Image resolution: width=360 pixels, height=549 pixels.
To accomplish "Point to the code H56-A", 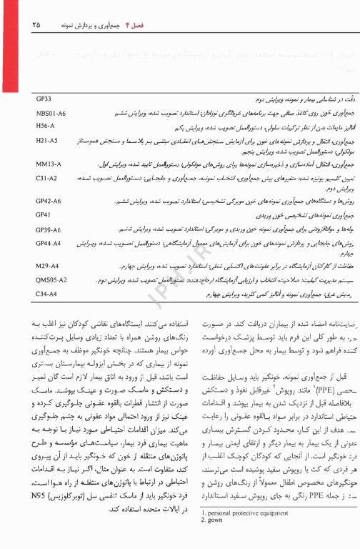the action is [45, 126].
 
